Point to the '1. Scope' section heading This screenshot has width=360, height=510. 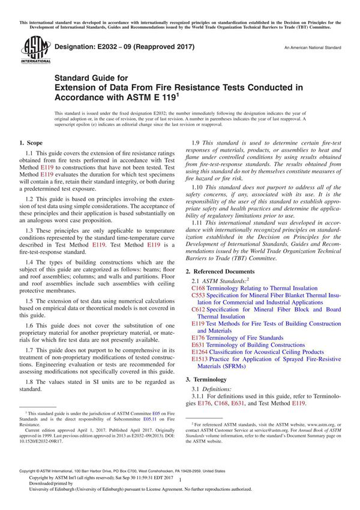click(31, 143)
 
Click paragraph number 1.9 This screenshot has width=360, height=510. click(196, 143)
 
